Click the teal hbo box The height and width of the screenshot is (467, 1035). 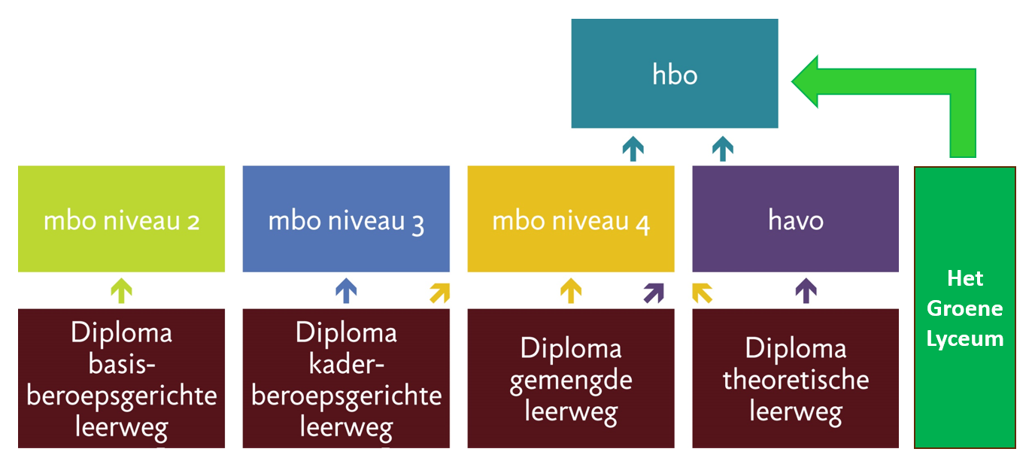pyautogui.click(x=675, y=74)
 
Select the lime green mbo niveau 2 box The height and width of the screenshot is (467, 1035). pyautogui.click(x=121, y=219)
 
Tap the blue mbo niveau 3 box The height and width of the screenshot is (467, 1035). pyautogui.click(x=346, y=219)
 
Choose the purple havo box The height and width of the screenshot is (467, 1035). pyautogui.click(x=795, y=219)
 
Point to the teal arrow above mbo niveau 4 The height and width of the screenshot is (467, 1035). pyautogui.click(x=633, y=149)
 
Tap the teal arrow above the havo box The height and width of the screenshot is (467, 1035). pyautogui.click(x=723, y=149)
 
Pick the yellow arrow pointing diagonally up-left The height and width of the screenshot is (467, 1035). pyautogui.click(x=702, y=293)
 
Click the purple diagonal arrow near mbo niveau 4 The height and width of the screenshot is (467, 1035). pyautogui.click(x=654, y=293)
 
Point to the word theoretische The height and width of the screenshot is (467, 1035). pyautogui.click(x=796, y=380)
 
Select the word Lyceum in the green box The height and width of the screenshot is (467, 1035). pyautogui.click(x=965, y=339)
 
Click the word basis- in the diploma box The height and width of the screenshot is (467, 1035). pyautogui.click(x=122, y=364)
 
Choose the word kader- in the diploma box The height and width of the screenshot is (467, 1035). pyautogui.click(x=346, y=364)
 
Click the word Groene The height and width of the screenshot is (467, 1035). pyautogui.click(x=965, y=309)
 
